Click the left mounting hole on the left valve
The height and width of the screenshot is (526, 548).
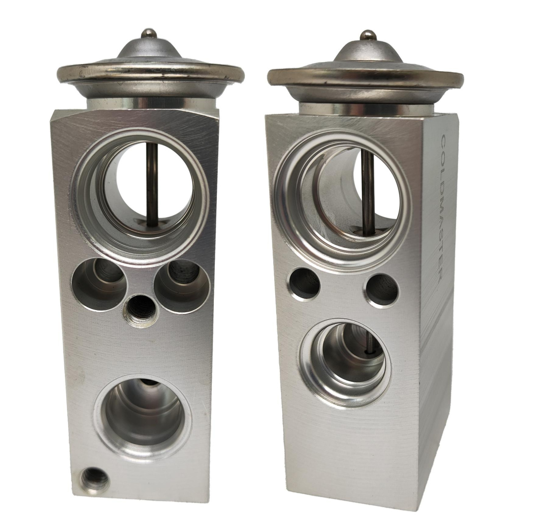tap(99, 284)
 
